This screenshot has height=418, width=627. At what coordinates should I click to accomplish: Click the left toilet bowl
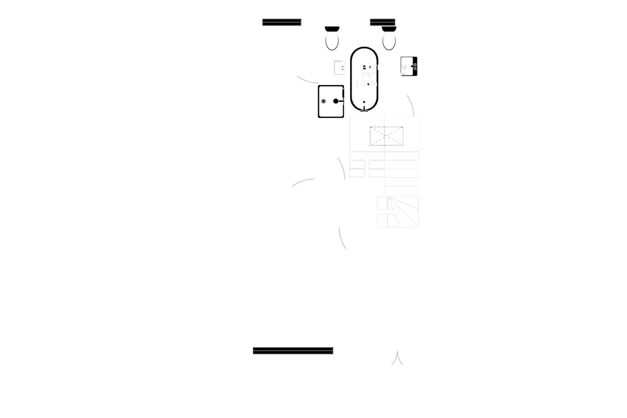[332, 41]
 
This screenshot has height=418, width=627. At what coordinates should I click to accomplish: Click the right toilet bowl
[389, 41]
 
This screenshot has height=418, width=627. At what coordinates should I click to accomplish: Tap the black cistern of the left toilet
[332, 29]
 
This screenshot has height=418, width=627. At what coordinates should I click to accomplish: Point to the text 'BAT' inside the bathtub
[369, 68]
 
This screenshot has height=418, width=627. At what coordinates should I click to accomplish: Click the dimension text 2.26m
[366, 83]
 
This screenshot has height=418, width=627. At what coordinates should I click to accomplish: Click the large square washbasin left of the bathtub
[331, 101]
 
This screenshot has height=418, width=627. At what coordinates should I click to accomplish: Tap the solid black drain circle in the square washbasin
[336, 101]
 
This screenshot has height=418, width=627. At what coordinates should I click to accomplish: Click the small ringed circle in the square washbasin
[324, 101]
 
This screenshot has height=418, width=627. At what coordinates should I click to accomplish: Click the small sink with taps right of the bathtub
[409, 67]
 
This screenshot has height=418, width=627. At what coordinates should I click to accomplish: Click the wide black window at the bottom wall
[293, 351]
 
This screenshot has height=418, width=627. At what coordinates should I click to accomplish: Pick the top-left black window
[282, 22]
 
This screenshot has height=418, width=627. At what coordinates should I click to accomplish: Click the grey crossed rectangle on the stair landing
[387, 135]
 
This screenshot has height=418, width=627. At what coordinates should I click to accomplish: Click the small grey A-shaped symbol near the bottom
[397, 358]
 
